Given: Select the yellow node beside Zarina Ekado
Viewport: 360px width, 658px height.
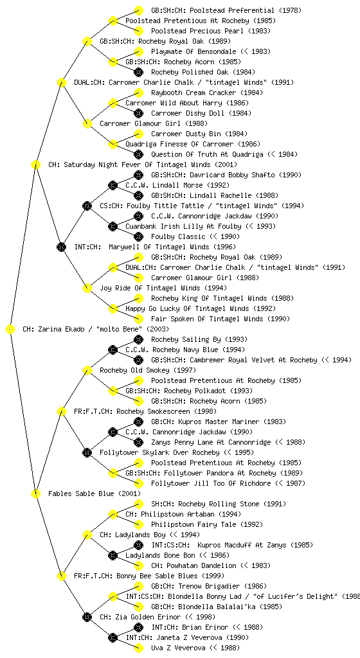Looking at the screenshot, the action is tap(10, 329).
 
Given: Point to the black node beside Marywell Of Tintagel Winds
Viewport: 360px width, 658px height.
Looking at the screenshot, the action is tap(61, 247).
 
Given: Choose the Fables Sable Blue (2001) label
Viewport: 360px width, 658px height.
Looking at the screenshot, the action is tap(94, 493).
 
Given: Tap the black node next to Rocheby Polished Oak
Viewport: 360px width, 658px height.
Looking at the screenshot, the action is tap(138, 72).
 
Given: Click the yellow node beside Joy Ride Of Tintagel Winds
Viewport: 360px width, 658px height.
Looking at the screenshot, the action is tap(87, 288).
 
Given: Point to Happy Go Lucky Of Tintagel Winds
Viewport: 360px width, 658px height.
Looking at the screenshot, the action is tap(187, 308).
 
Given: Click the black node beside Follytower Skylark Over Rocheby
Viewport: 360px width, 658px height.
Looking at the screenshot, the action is tap(87, 452).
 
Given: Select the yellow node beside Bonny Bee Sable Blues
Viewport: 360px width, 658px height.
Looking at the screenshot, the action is tap(61, 576).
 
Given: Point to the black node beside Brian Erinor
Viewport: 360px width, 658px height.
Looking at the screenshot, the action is tap(138, 627).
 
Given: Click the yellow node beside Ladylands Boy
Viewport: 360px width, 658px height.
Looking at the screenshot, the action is tap(87, 535).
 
